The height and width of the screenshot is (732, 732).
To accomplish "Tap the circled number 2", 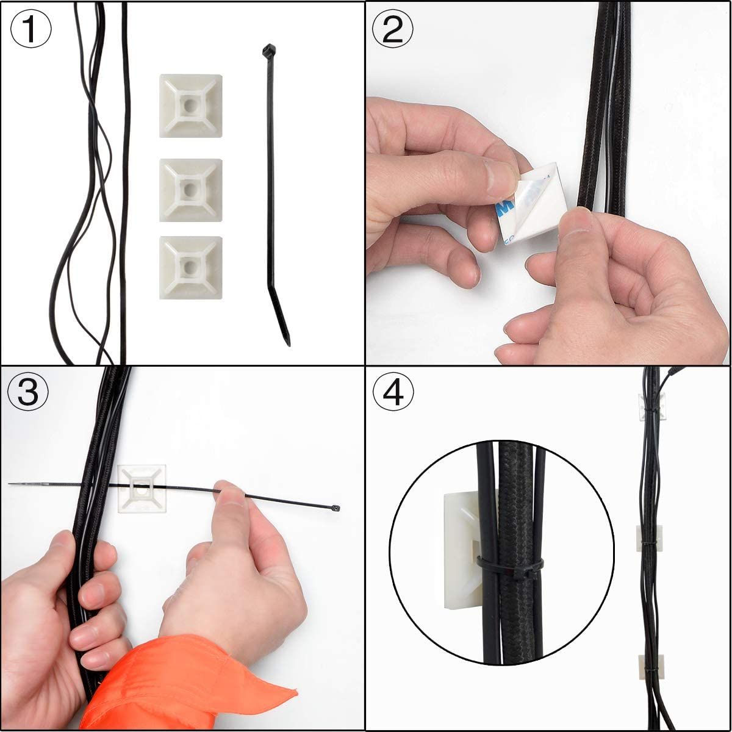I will point(392,29).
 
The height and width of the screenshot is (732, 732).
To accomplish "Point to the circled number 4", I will point(392,392).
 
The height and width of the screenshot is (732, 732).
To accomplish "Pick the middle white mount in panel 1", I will point(190,190).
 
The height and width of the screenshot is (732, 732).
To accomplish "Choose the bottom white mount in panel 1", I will point(190,268).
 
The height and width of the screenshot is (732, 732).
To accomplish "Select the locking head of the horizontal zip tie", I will point(336,508).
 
